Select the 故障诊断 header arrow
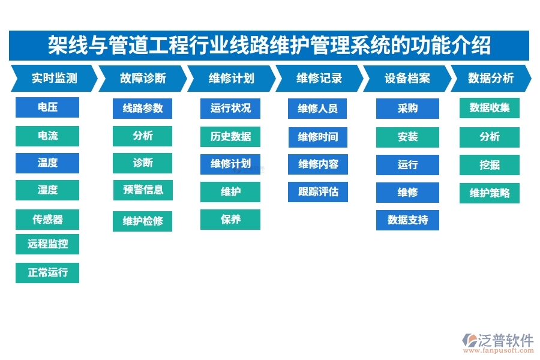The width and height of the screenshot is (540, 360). [x=142, y=78]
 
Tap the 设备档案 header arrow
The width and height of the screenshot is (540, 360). [x=407, y=78]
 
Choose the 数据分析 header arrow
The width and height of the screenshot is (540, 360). [x=490, y=78]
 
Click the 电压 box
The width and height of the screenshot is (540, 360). [x=47, y=107]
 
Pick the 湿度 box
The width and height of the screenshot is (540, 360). [x=47, y=190]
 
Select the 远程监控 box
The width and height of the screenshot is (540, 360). [x=47, y=244]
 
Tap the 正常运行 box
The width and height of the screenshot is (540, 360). [x=47, y=272]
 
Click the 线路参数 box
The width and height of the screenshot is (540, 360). [x=143, y=109]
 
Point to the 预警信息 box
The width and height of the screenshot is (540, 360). [x=143, y=190]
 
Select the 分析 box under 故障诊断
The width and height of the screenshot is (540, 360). [x=143, y=136]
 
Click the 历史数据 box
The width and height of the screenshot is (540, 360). [x=230, y=136]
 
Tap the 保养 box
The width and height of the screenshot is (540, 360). [x=230, y=220]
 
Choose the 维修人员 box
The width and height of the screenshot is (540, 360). [x=317, y=109]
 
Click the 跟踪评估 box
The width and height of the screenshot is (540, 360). [x=317, y=192]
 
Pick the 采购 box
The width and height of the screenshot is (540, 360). [x=407, y=109]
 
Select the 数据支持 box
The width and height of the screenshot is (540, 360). [x=407, y=220]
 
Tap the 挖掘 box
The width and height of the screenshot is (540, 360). [x=490, y=165]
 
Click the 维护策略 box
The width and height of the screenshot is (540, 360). [x=490, y=193]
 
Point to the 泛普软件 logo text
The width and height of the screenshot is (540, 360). [x=506, y=341]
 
